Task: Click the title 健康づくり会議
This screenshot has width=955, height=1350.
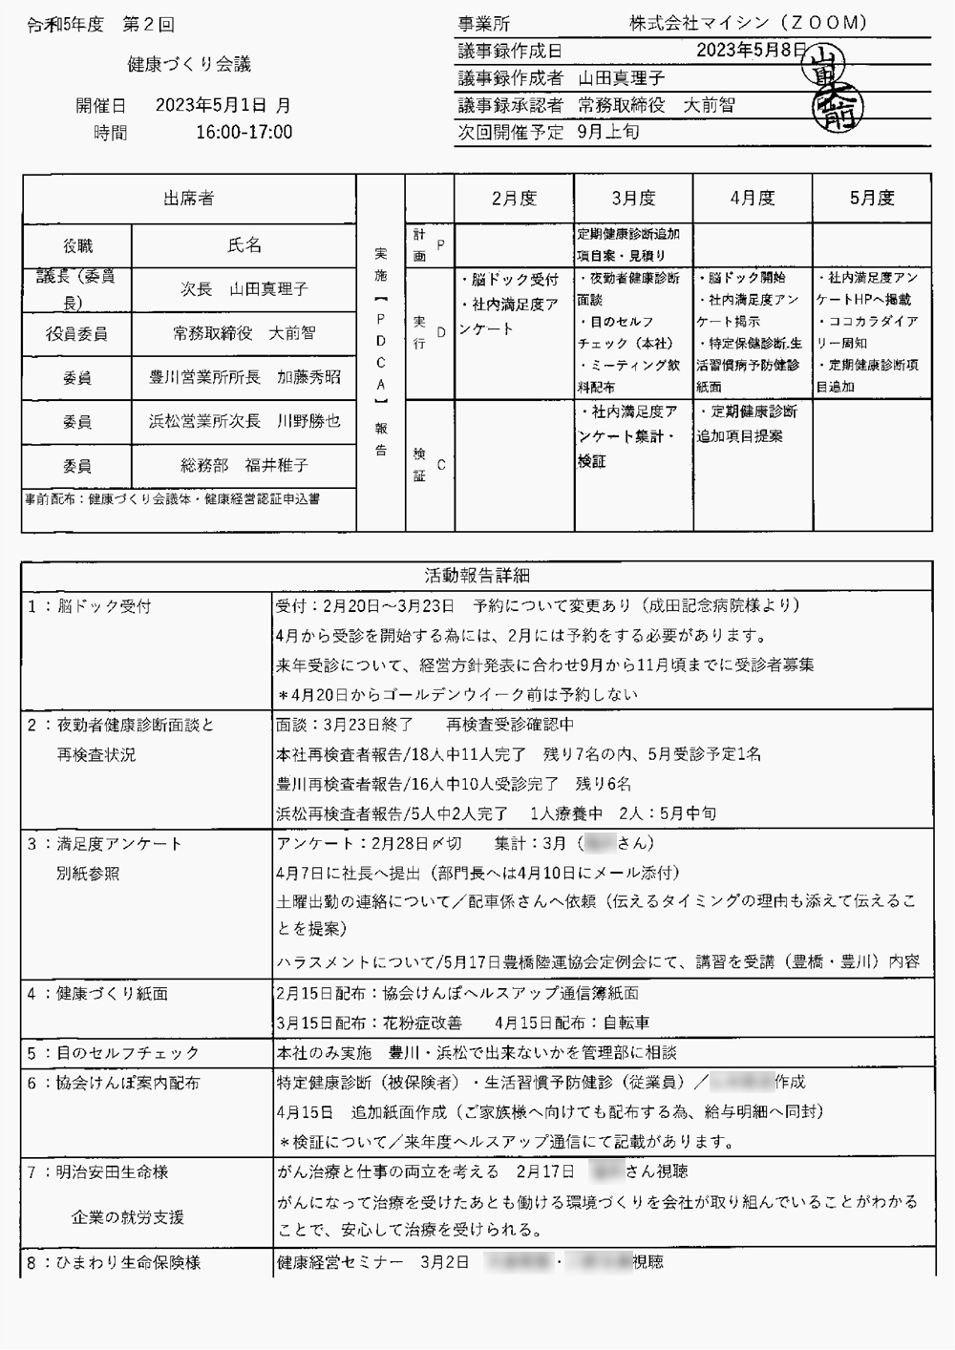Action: tap(189, 65)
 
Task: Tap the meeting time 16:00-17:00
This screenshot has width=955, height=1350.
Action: tap(244, 133)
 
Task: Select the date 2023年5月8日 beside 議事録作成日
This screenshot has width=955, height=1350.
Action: tap(752, 51)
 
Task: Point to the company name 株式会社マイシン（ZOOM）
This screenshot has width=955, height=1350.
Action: tap(748, 23)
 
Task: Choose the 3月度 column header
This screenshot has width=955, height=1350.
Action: tap(633, 199)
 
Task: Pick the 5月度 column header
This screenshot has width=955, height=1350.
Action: tap(871, 199)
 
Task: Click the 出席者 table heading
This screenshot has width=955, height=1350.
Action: tap(188, 199)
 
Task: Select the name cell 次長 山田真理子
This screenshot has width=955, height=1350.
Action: tap(244, 288)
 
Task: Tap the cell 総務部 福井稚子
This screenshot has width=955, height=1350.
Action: tap(244, 466)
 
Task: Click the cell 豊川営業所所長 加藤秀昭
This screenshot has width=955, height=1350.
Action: tap(244, 377)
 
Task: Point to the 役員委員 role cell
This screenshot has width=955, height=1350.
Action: tap(76, 334)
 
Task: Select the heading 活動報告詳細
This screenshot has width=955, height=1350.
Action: tap(477, 576)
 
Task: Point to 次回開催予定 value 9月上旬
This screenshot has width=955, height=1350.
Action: tap(608, 133)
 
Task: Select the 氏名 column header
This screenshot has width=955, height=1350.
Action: tap(244, 246)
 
